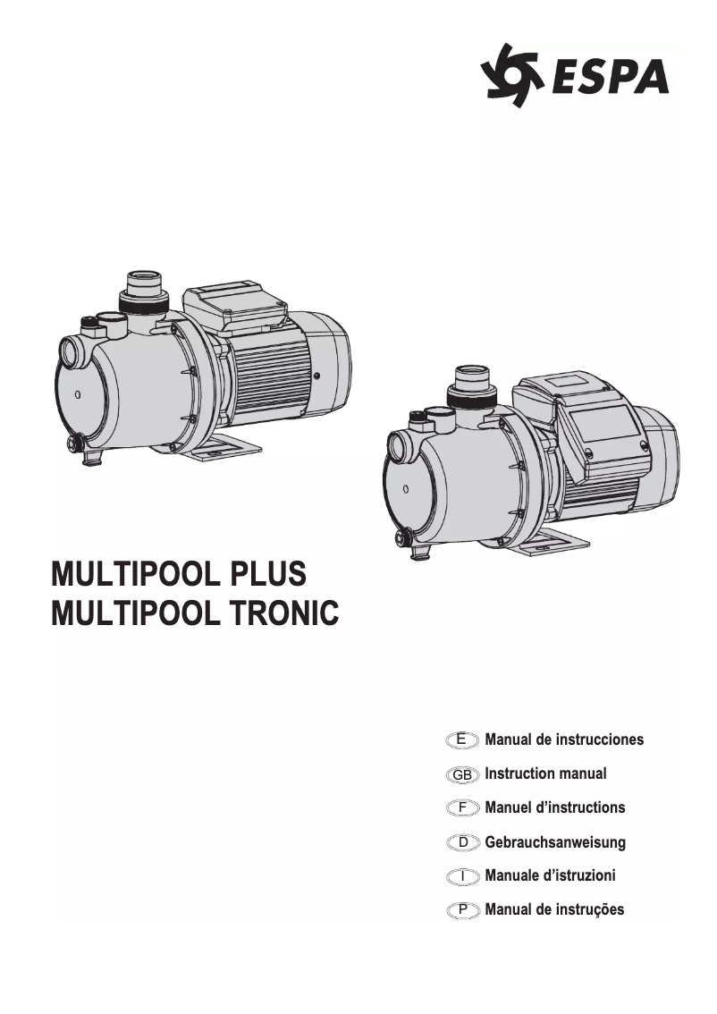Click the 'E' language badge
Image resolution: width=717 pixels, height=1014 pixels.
pyautogui.click(x=462, y=739)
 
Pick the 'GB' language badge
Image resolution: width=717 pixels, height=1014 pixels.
pyautogui.click(x=462, y=773)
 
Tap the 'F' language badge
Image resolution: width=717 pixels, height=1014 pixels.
pyautogui.click(x=462, y=807)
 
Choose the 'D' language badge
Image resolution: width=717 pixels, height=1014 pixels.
pyautogui.click(x=462, y=842)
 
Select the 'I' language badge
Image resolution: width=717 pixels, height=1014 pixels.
pyautogui.click(x=462, y=876)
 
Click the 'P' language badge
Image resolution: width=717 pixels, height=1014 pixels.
pyautogui.click(x=462, y=910)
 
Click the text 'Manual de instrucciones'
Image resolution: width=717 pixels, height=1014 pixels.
pyautogui.click(x=564, y=739)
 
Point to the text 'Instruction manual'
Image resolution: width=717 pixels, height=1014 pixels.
pyautogui.click(x=545, y=773)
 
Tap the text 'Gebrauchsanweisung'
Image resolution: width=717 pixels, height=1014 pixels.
pyautogui.click(x=555, y=842)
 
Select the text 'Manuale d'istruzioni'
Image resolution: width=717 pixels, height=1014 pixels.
pyautogui.click(x=550, y=876)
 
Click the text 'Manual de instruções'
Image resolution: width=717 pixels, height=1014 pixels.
pyautogui.click(x=554, y=910)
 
